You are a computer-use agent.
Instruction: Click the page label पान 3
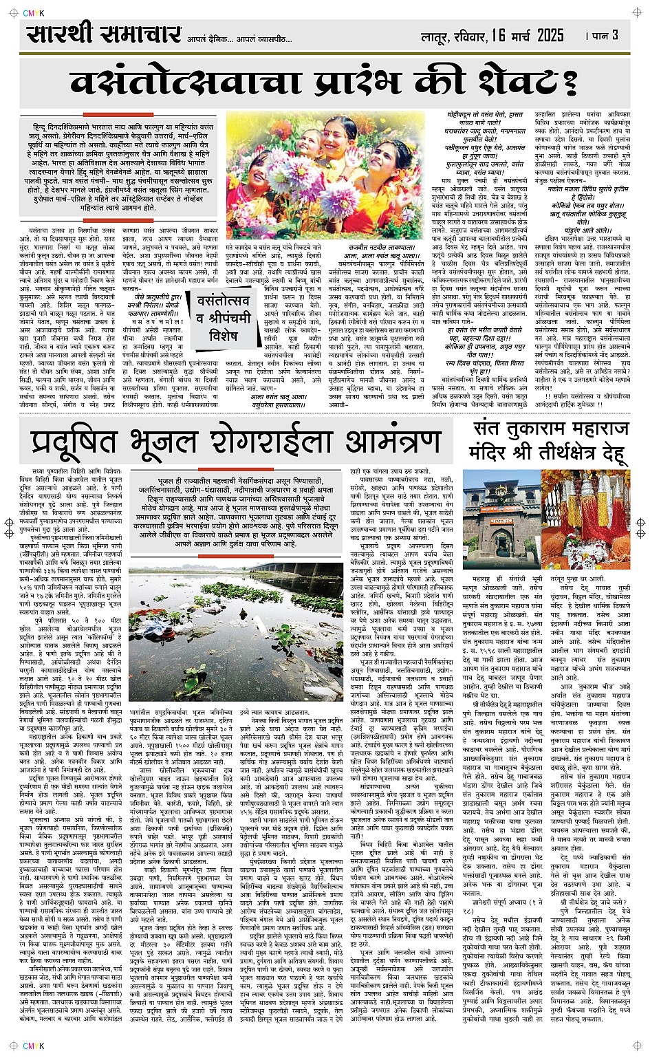603,35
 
